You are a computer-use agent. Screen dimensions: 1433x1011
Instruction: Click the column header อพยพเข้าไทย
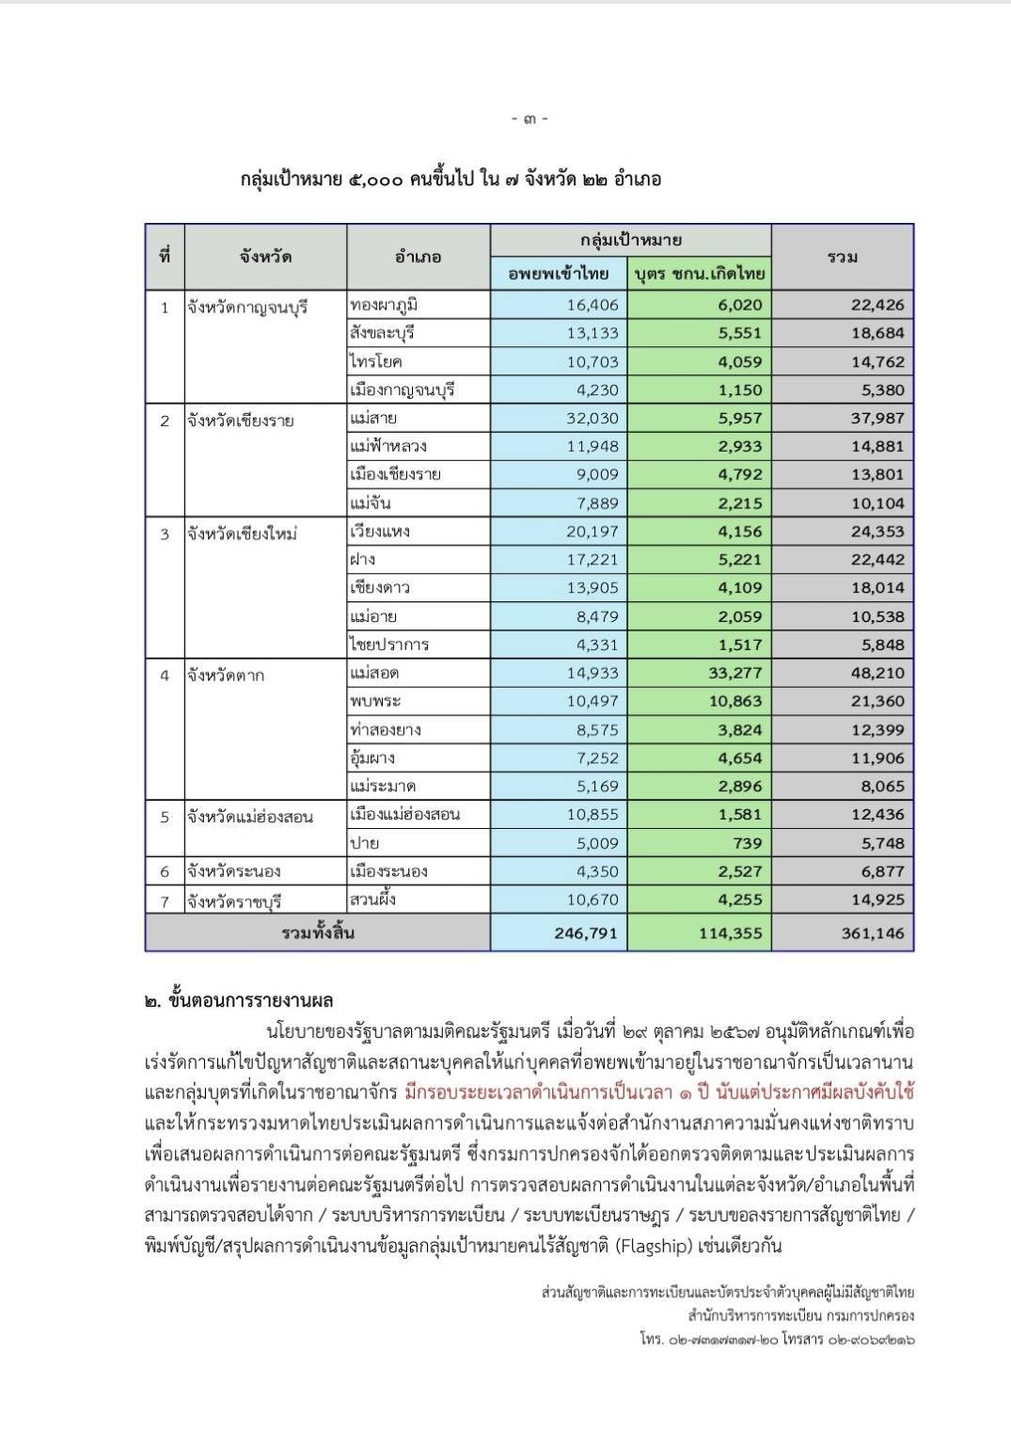pyautogui.click(x=559, y=274)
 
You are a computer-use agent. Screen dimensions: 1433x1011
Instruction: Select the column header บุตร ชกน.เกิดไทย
pyautogui.click(x=699, y=274)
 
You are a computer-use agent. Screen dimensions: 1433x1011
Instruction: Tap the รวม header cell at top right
pyautogui.click(x=842, y=257)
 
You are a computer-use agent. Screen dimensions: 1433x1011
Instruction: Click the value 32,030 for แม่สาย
pyautogui.click(x=592, y=418)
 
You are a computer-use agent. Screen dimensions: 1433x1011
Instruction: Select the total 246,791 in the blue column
pyautogui.click(x=585, y=933)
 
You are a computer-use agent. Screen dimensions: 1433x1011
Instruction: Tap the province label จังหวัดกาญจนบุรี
pyautogui.click(x=247, y=308)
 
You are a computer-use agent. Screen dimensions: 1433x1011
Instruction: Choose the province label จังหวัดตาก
pyautogui.click(x=226, y=675)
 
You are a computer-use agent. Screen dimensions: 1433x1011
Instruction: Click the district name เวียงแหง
pyautogui.click(x=380, y=532)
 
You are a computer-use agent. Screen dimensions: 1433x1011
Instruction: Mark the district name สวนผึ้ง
pyautogui.click(x=373, y=900)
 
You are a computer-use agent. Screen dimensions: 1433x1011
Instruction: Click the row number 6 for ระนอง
pyautogui.click(x=165, y=871)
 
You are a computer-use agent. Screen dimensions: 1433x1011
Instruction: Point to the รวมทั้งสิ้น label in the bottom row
pyautogui.click(x=318, y=933)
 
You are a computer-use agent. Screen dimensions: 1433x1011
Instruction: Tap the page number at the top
pyautogui.click(x=529, y=119)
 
